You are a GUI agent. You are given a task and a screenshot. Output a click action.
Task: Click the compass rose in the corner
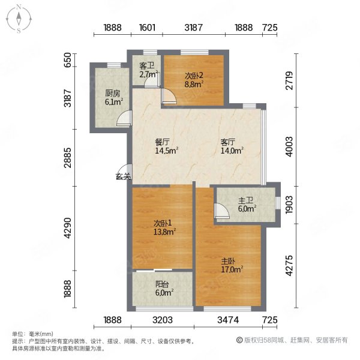pyautogui.click(x=19, y=19)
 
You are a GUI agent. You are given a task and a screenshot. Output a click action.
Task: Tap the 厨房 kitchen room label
pyautogui.click(x=113, y=94)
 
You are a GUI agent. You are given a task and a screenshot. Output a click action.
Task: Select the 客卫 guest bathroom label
pyautogui.click(x=147, y=66)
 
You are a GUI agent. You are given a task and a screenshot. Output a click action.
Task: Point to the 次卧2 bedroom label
pyautogui.click(x=194, y=76)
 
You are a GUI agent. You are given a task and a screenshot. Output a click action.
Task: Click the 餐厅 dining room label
pyautogui.click(x=163, y=142)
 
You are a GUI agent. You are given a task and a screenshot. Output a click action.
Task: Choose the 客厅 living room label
pyautogui.click(x=228, y=142)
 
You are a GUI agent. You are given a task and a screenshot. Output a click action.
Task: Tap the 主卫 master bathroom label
pyautogui.click(x=245, y=200)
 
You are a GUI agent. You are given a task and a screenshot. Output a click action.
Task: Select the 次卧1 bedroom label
pyautogui.click(x=163, y=223)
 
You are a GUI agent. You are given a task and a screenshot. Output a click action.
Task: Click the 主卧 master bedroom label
pyautogui.click(x=228, y=261)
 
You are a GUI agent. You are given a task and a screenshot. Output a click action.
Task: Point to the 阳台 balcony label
pyautogui.click(x=162, y=284)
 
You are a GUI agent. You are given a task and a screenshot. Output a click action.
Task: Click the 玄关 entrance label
pyautogui.click(x=123, y=176)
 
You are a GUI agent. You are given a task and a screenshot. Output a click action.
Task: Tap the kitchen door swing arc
pyautogui.click(x=124, y=118)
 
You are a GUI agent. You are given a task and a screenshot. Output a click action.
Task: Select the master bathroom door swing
pyautogui.click(x=222, y=211)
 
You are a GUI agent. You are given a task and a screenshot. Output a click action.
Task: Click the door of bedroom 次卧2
pyautogui.click(x=169, y=97)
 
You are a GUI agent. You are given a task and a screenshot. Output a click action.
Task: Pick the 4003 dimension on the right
pyautogui.click(x=290, y=146)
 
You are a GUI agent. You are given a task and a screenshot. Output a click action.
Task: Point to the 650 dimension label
pyautogui.click(x=67, y=60)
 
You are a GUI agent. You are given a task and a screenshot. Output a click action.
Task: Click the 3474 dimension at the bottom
pyautogui.click(x=228, y=320)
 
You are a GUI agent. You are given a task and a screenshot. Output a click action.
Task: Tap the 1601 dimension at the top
pyautogui.click(x=147, y=28)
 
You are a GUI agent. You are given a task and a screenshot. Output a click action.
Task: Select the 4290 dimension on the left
pyautogui.click(x=68, y=228)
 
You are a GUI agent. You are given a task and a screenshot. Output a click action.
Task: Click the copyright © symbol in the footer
pyautogui.click(x=239, y=340)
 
